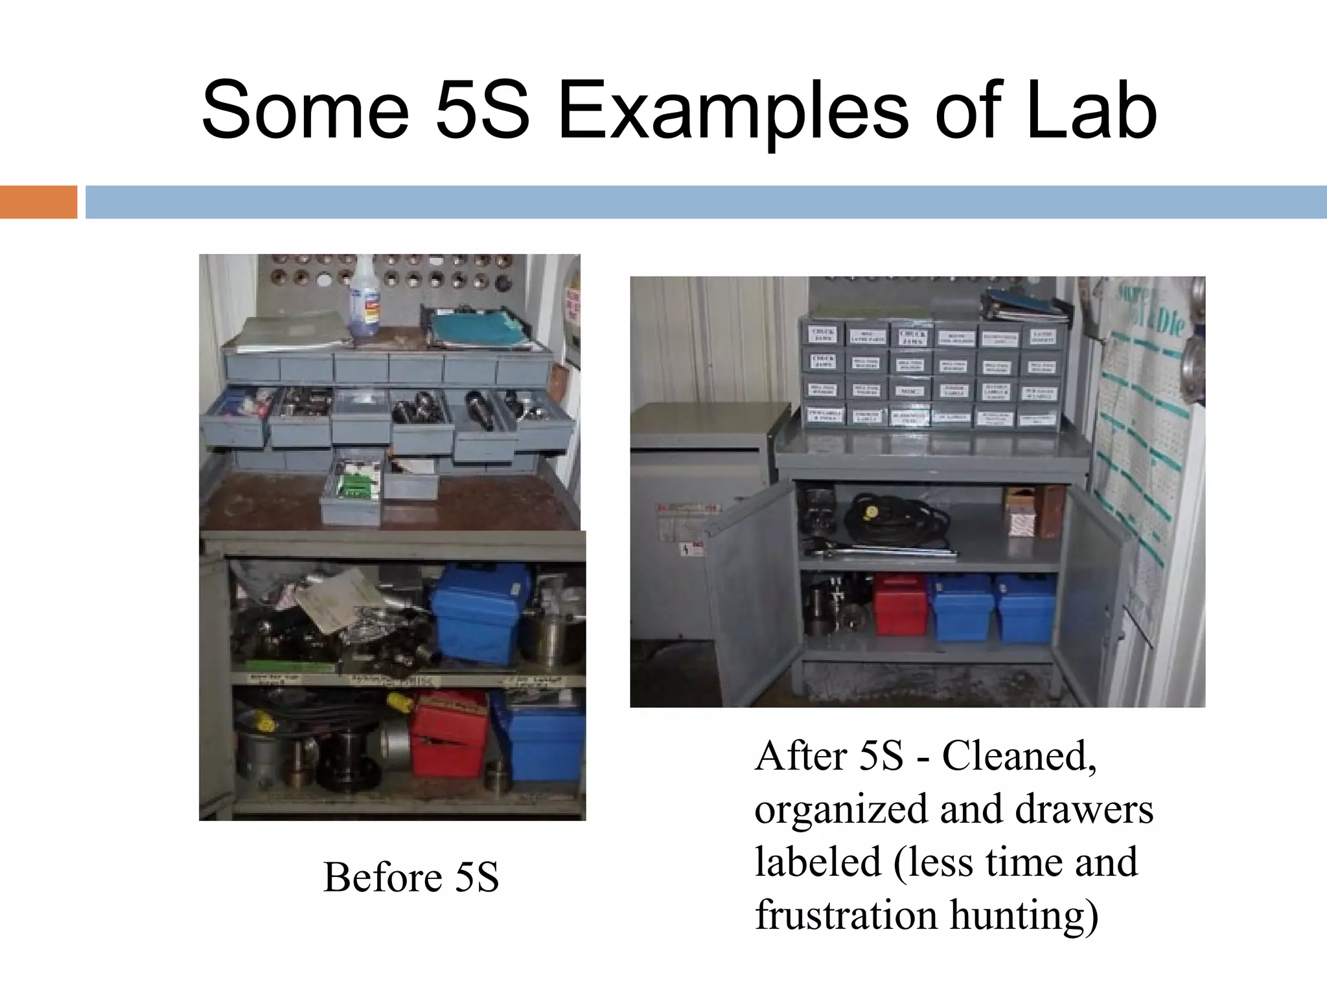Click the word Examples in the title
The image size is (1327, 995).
click(733, 111)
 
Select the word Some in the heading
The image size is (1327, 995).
click(305, 111)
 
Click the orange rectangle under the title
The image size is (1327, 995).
click(38, 202)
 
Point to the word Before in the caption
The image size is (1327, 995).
click(382, 877)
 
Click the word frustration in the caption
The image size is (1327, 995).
click(846, 915)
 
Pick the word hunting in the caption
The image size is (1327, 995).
click(1024, 916)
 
